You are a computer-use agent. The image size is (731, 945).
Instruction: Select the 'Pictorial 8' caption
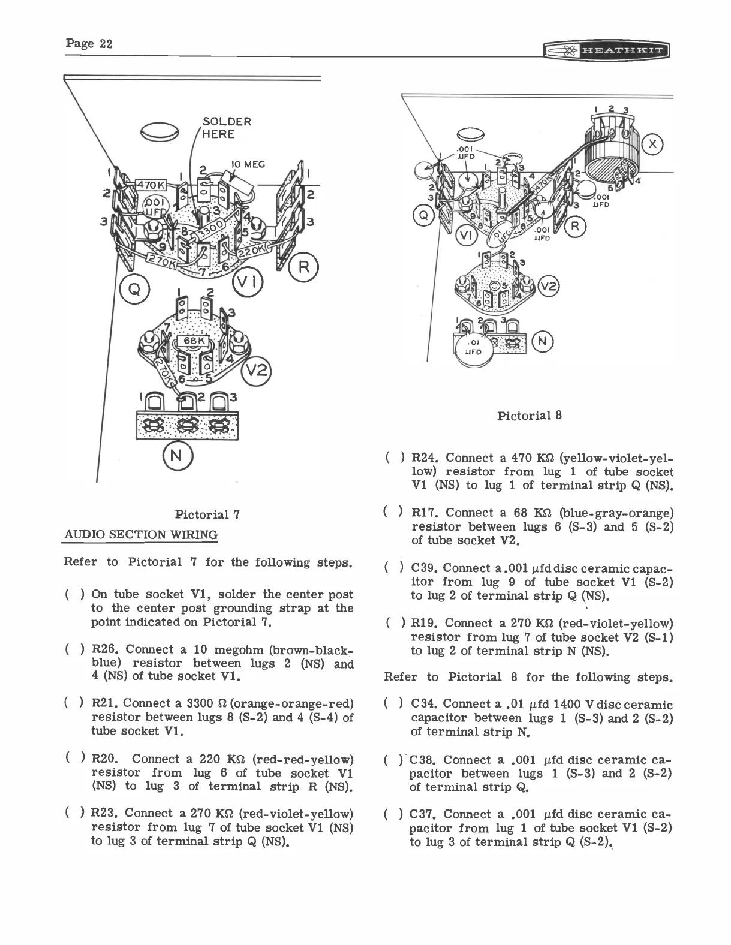[x=530, y=415]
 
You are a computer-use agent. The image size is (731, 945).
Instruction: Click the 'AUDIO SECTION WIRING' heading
[x=140, y=534]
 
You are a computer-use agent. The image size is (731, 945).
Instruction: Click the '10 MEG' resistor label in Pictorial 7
[x=249, y=164]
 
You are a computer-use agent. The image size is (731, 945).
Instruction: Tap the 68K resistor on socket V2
[x=194, y=341]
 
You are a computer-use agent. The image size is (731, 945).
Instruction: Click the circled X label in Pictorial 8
[x=652, y=144]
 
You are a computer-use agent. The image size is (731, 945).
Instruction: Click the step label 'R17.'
[x=425, y=513]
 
